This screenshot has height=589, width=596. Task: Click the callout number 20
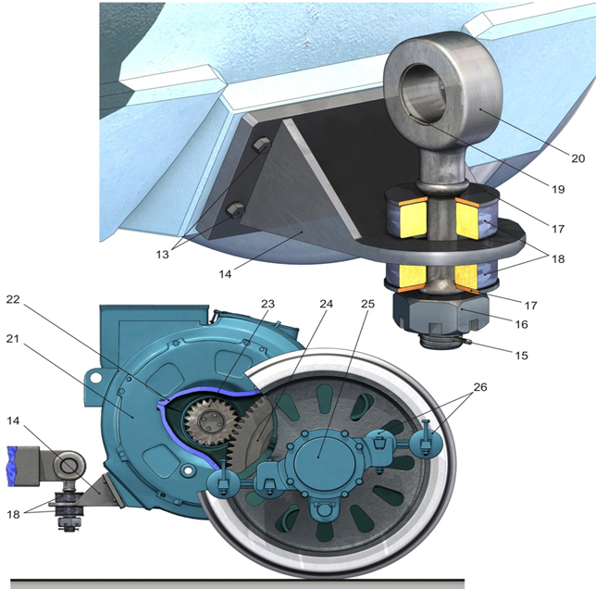(577, 157)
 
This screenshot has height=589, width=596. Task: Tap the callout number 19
(558, 189)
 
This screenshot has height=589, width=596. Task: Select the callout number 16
(522, 324)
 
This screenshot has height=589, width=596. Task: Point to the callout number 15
(522, 355)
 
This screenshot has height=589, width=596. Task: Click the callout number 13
(162, 255)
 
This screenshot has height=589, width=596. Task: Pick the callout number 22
(13, 299)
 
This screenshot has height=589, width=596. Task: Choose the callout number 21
(13, 338)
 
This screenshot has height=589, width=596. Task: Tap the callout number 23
(267, 304)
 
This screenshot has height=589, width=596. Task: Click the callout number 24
(326, 304)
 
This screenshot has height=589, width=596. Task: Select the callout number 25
(367, 304)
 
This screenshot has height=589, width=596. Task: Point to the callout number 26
(480, 387)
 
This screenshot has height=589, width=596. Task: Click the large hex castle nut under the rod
(441, 314)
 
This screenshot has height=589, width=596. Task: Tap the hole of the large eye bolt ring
(422, 92)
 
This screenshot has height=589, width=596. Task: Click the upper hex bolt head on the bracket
(262, 144)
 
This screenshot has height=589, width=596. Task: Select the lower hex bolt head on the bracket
(235, 210)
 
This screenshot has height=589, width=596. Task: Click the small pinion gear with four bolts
(209, 421)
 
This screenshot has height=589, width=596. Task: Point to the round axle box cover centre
(324, 456)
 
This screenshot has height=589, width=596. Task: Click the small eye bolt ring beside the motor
(68, 465)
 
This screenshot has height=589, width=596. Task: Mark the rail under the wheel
(237, 584)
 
